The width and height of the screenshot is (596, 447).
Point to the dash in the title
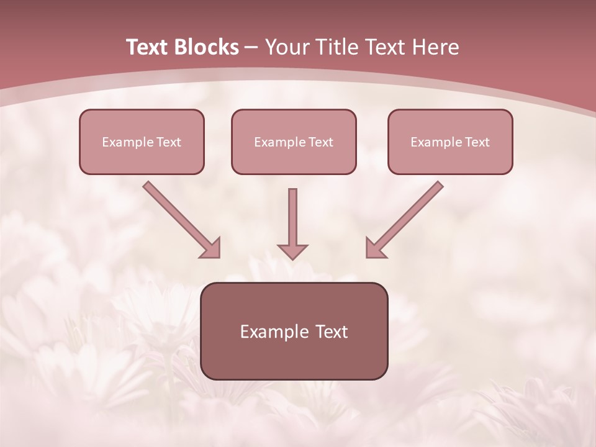pyautogui.click(x=251, y=48)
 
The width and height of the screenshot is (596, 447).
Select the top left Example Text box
pyautogui.click(x=142, y=142)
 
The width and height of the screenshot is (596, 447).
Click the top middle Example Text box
pyautogui.click(x=294, y=142)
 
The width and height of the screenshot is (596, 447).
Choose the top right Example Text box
pyautogui.click(x=450, y=142)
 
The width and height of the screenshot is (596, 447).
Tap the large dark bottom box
pyautogui.click(x=294, y=331)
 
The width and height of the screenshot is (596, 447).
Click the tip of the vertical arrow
pyautogui.click(x=292, y=257)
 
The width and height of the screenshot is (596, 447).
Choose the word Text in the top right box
pyautogui.click(x=477, y=142)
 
